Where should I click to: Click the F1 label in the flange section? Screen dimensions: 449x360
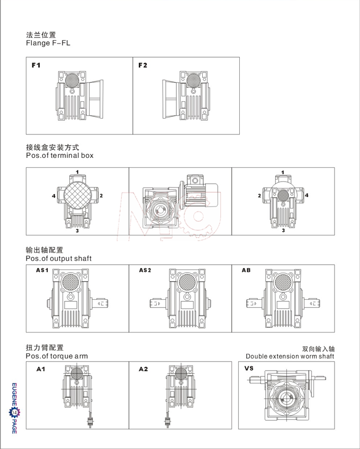click(36, 66)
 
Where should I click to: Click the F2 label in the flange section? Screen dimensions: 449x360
click(142, 66)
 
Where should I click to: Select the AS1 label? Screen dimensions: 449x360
click(42, 271)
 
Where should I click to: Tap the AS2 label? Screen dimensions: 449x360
click(145, 271)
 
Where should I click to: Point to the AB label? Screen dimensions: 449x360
click(246, 271)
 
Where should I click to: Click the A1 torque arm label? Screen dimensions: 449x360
click(40, 369)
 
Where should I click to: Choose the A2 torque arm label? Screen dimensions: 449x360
click(143, 369)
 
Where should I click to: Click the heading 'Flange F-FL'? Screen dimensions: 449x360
click(48, 43)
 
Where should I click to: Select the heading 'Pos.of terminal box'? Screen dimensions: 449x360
click(59, 156)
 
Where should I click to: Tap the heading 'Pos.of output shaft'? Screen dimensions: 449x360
click(58, 258)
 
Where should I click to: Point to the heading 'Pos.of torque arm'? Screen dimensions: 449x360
click(57, 356)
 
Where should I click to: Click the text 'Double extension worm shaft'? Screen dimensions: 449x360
click(290, 356)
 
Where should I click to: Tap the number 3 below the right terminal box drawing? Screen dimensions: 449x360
click(283, 230)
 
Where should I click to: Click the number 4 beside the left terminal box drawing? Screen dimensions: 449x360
click(54, 196)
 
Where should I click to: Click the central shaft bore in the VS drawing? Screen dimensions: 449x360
click(287, 402)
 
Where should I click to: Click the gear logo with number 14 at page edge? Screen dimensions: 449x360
click(14, 412)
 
